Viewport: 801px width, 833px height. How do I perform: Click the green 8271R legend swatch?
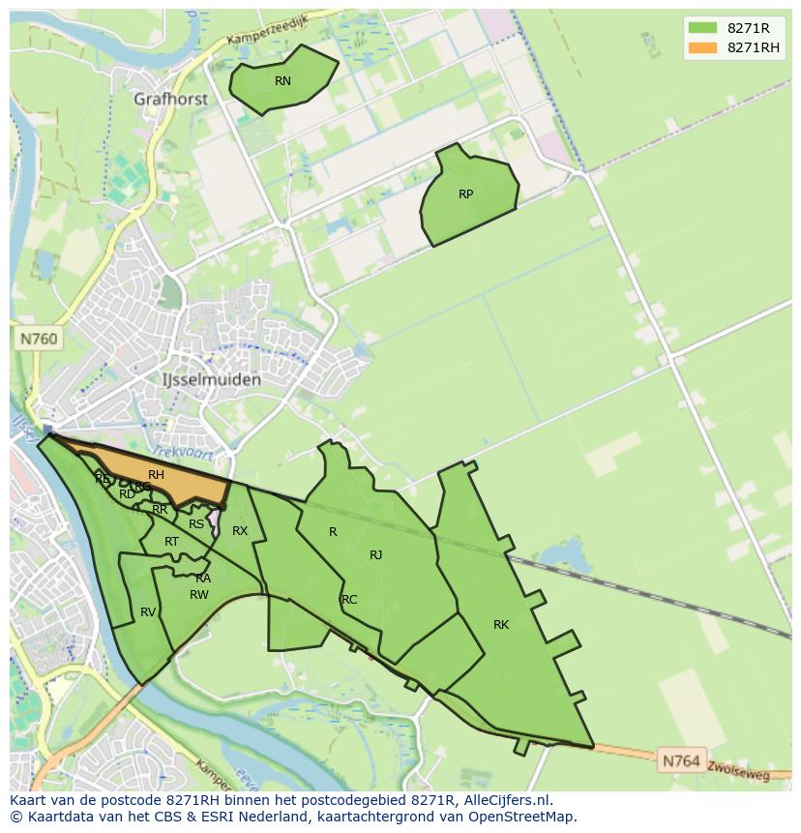702,28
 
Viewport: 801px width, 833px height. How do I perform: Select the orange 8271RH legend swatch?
702,47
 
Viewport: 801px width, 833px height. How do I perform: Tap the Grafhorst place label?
171,99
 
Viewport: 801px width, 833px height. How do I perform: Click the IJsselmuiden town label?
210,380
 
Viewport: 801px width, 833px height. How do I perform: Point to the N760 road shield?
40,339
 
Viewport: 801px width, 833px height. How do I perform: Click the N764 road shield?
681,761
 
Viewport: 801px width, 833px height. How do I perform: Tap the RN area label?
282,81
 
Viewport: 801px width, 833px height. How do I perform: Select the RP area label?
465,194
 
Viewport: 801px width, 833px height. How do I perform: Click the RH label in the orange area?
156,475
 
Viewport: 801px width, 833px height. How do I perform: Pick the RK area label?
500,625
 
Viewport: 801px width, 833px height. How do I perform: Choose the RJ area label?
375,555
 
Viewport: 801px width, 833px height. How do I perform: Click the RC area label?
349,600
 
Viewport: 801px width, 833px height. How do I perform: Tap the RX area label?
240,531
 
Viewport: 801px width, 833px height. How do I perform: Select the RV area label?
148,612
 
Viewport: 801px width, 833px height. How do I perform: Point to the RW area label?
198,595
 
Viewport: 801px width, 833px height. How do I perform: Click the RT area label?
171,542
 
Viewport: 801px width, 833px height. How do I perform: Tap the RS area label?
196,524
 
